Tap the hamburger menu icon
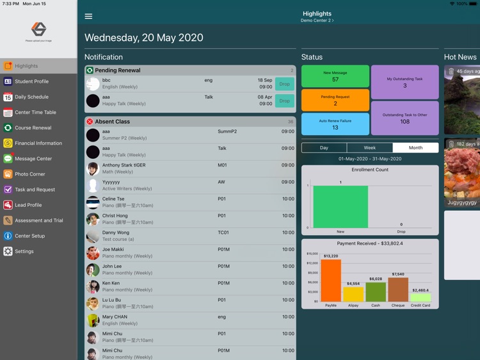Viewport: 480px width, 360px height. (x=88, y=17)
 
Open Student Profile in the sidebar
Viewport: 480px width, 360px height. (x=31, y=81)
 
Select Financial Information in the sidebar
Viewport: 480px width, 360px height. (x=38, y=143)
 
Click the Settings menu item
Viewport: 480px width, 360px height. (x=24, y=252)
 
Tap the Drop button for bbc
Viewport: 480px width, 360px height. (x=284, y=84)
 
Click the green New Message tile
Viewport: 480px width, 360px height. (x=335, y=76)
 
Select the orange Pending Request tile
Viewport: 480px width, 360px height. (x=335, y=100)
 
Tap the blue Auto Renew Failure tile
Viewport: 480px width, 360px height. (x=335, y=124)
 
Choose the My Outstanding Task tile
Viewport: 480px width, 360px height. (x=404, y=82)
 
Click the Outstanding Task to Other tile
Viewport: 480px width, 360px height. (x=404, y=118)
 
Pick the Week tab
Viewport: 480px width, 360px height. (x=370, y=148)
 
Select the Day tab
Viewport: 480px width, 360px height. (x=324, y=148)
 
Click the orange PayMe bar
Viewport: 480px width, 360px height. (x=331, y=281)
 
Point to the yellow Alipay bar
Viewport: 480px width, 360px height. (x=353, y=294)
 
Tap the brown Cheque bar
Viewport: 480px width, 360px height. (x=398, y=290)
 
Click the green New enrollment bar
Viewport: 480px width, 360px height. (x=340, y=207)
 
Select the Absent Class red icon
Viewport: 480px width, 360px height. (x=90, y=122)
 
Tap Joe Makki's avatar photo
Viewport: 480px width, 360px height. (x=93, y=253)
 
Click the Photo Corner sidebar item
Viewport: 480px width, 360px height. (x=29, y=174)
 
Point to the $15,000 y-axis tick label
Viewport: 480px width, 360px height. (x=312, y=254)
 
